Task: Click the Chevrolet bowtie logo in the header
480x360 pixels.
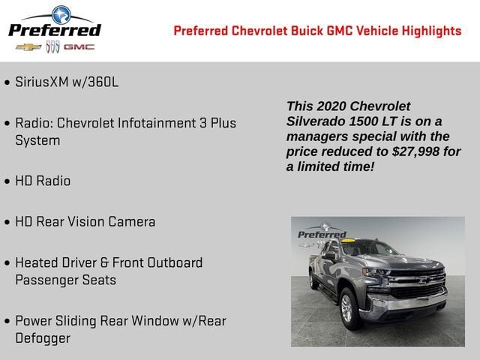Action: (28, 47)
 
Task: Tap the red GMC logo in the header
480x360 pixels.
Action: (79, 47)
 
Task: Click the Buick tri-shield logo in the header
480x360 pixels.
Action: (52, 47)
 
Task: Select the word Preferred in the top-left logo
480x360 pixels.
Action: (54, 30)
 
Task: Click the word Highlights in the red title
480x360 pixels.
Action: (430, 31)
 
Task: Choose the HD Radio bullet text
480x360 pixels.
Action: (43, 181)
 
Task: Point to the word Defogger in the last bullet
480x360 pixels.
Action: (43, 337)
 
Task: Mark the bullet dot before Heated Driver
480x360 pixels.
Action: (7, 264)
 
